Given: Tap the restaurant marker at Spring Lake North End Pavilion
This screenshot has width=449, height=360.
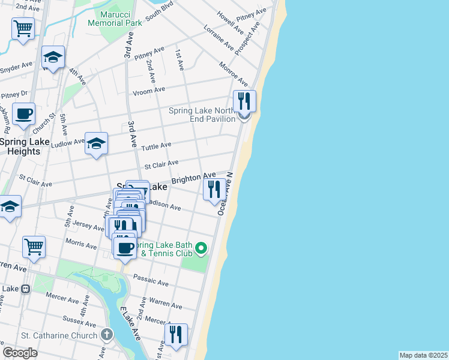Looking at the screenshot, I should [244, 101].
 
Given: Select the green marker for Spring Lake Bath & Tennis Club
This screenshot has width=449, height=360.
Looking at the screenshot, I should [202, 247].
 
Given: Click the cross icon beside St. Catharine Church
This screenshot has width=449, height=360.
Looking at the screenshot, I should [106, 334].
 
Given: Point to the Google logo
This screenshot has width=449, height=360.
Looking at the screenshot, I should [20, 353].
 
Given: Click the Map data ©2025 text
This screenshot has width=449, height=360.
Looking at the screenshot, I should [423, 355].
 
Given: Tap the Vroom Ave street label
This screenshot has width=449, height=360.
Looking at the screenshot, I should [149, 90].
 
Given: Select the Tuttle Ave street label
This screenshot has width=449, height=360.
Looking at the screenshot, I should [156, 145].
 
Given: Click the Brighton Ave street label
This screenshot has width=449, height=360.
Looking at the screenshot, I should [193, 178].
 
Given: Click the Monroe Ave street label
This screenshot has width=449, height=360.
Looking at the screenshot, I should [233, 74].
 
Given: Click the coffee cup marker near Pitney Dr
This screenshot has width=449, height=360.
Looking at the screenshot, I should [23, 113].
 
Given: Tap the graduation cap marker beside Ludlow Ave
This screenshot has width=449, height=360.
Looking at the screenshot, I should [96, 143].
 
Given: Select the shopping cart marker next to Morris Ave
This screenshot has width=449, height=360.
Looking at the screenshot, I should [34, 246].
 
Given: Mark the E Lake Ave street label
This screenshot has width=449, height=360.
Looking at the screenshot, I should [129, 324].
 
